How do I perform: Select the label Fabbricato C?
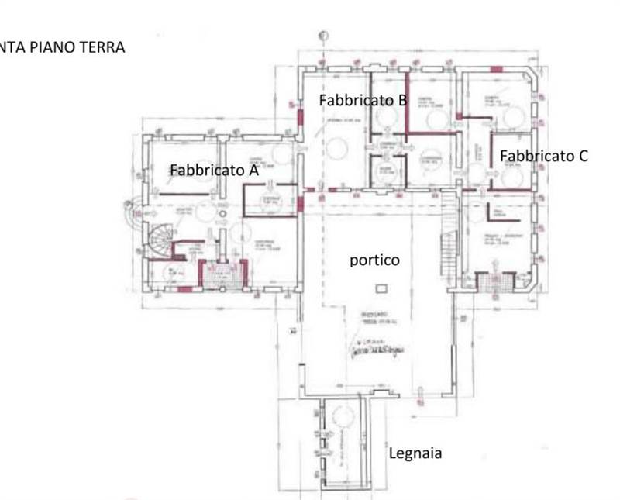(542, 155)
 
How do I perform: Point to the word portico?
(374, 260)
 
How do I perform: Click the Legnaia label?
(415, 453)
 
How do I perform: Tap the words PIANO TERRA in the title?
(75, 47)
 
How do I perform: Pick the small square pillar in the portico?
(379, 288)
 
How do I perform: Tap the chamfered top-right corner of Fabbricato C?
(532, 77)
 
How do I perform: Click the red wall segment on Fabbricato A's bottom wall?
(184, 289)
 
